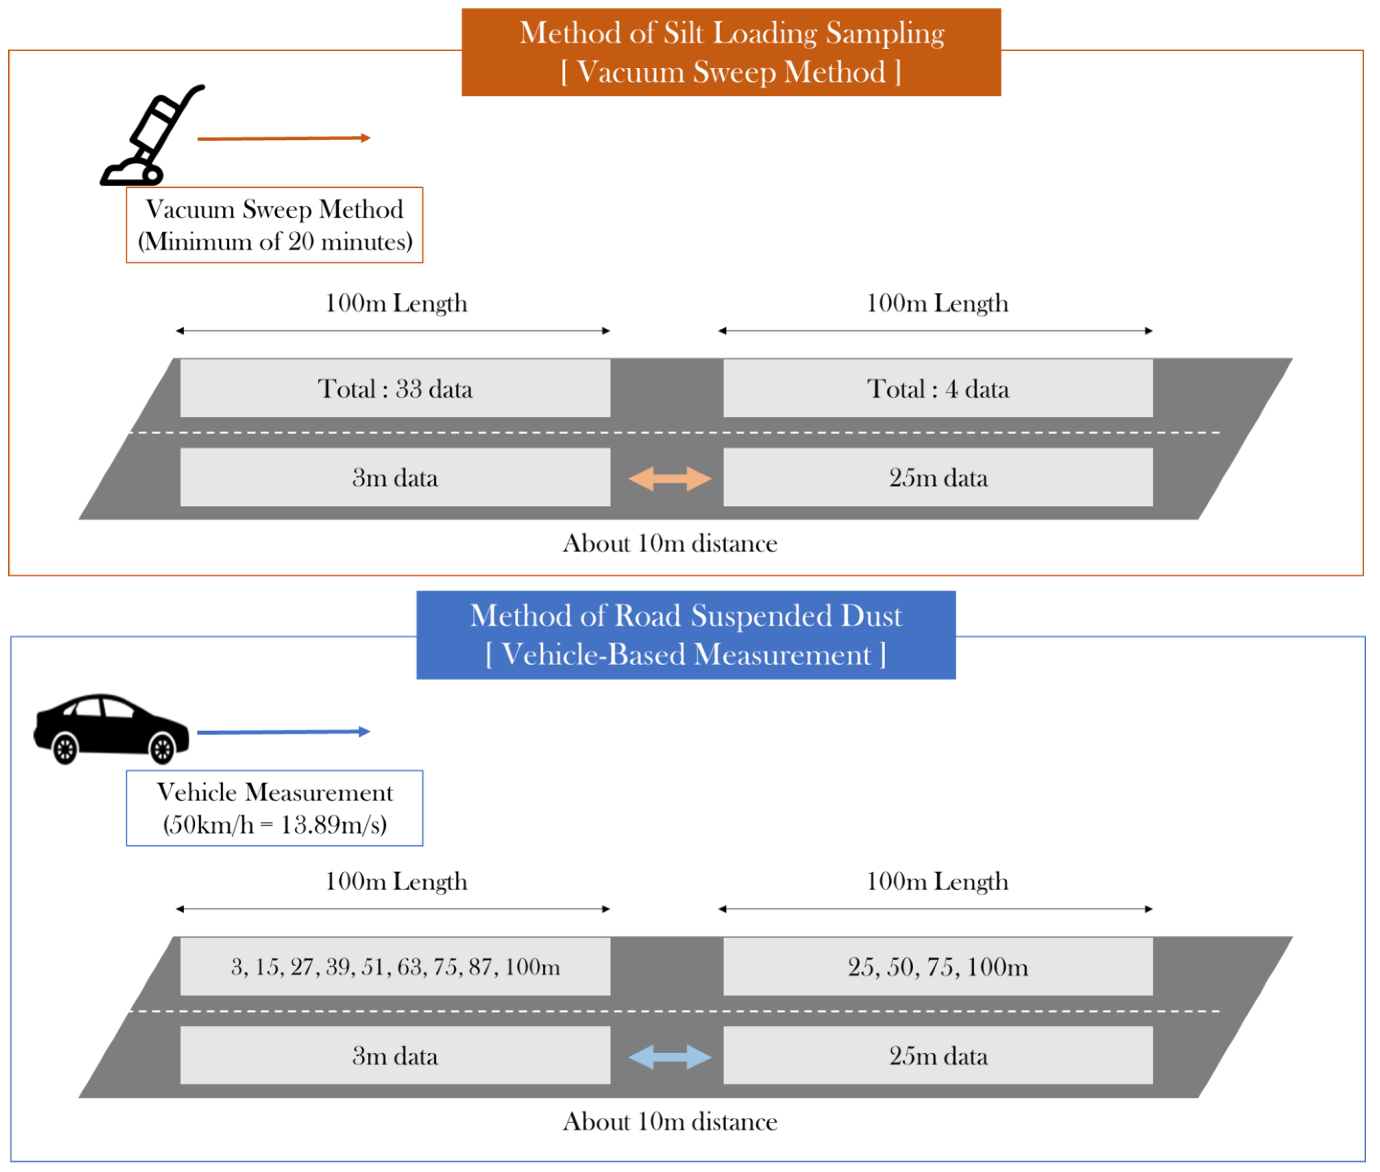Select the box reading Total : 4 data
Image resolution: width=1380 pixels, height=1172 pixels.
click(x=937, y=389)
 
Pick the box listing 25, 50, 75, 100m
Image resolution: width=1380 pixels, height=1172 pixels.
click(x=937, y=967)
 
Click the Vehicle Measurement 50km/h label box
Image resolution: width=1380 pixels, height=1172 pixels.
click(x=274, y=808)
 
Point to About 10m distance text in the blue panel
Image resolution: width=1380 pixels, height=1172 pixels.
click(x=670, y=1122)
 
